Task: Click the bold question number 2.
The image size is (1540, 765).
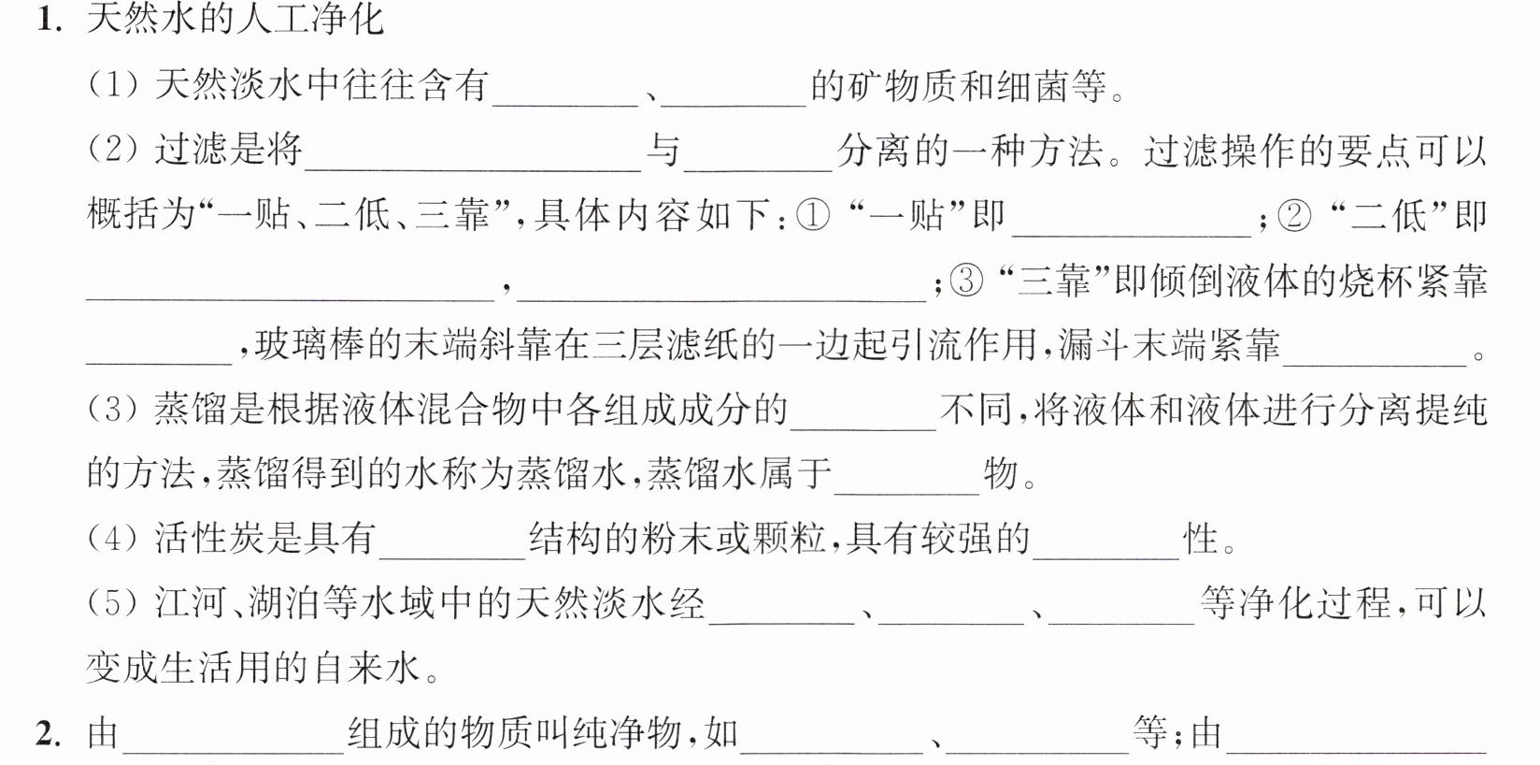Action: (x=50, y=734)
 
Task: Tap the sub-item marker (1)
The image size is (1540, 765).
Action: (x=113, y=86)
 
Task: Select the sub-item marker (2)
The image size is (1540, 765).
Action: (x=113, y=151)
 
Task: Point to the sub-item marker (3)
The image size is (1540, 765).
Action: (x=113, y=411)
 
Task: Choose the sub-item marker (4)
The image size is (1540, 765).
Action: (x=113, y=539)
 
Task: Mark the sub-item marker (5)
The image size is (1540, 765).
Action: (x=113, y=603)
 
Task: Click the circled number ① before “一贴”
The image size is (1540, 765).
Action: (x=813, y=215)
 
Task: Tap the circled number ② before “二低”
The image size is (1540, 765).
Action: (x=1294, y=215)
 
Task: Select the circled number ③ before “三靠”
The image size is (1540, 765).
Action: (x=966, y=281)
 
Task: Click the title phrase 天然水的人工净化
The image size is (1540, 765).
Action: (x=235, y=20)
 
